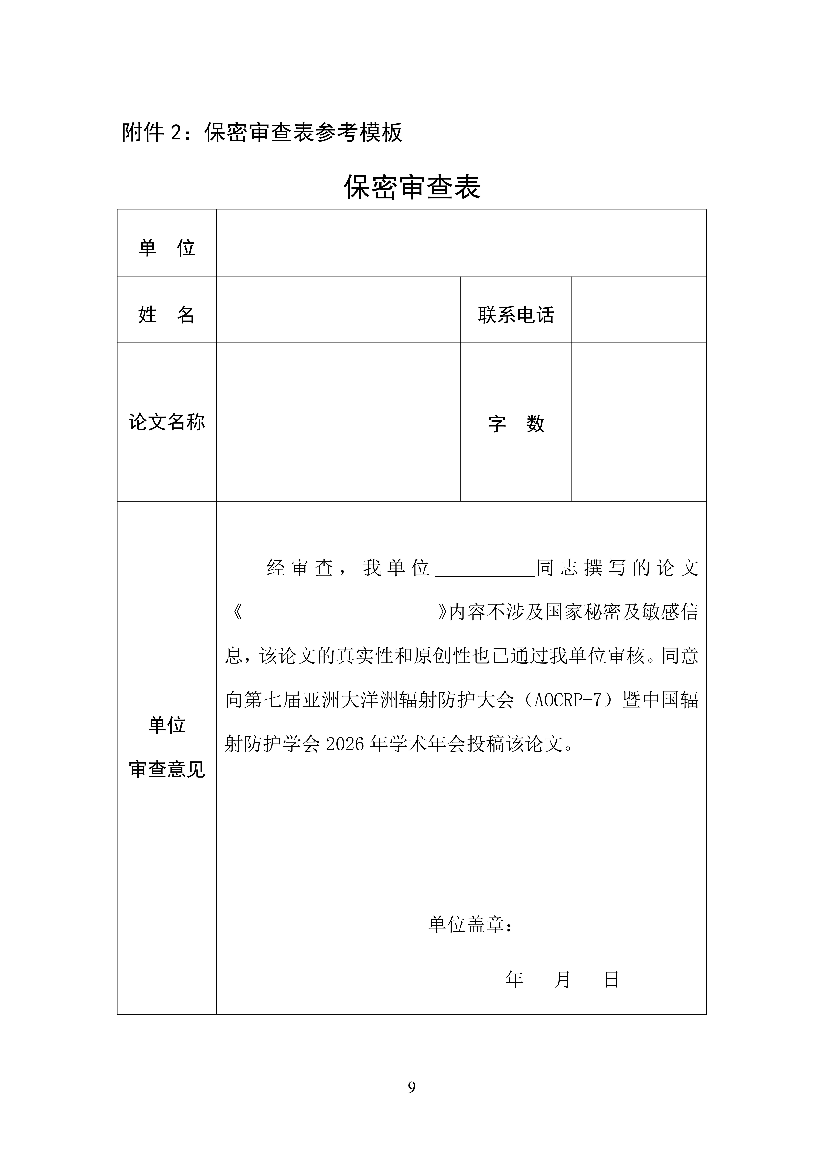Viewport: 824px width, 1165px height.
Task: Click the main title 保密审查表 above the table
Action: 412,187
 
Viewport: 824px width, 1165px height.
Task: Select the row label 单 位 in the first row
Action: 166,248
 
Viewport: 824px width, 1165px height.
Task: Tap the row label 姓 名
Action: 166,315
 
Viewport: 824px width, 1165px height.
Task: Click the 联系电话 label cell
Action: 516,315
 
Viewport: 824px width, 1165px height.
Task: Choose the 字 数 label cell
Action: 516,424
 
